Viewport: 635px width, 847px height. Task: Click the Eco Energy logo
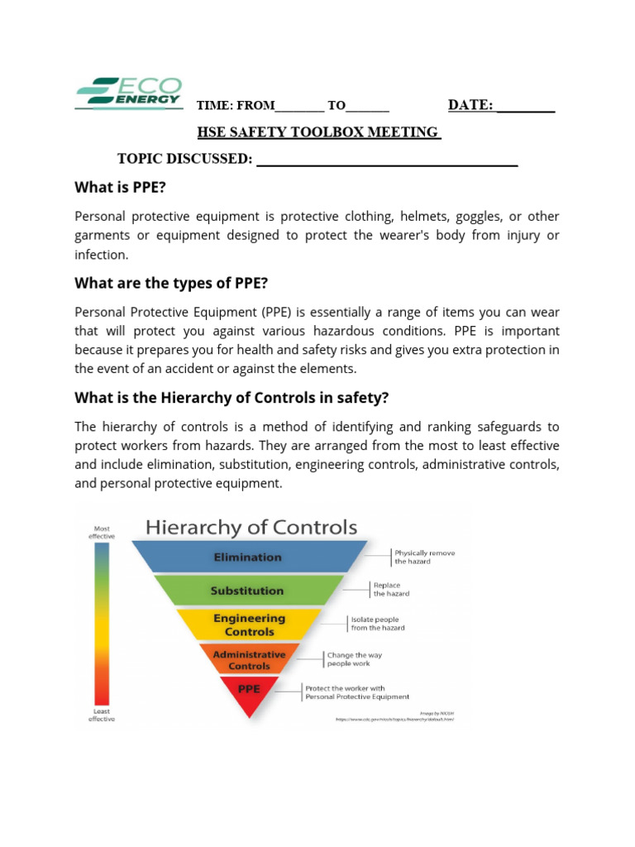(x=128, y=92)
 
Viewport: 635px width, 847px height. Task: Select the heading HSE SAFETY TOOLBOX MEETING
(x=318, y=132)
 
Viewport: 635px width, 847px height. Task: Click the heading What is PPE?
(x=121, y=188)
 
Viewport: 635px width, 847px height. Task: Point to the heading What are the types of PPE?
(x=171, y=283)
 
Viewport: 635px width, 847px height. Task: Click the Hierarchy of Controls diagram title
(x=251, y=528)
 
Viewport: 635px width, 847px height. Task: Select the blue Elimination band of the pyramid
(x=248, y=557)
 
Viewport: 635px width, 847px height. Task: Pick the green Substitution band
(x=248, y=591)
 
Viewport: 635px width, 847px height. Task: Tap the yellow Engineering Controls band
(x=249, y=624)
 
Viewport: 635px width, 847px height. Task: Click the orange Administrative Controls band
(x=249, y=659)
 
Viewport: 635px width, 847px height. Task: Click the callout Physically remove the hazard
(x=424, y=557)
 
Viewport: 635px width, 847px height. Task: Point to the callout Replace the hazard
(x=391, y=589)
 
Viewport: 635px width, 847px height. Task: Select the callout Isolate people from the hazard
(x=378, y=623)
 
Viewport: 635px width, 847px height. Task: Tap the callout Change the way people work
(x=354, y=658)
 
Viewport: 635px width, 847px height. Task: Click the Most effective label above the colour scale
(x=102, y=532)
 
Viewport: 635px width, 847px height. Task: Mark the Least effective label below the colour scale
(x=102, y=715)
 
